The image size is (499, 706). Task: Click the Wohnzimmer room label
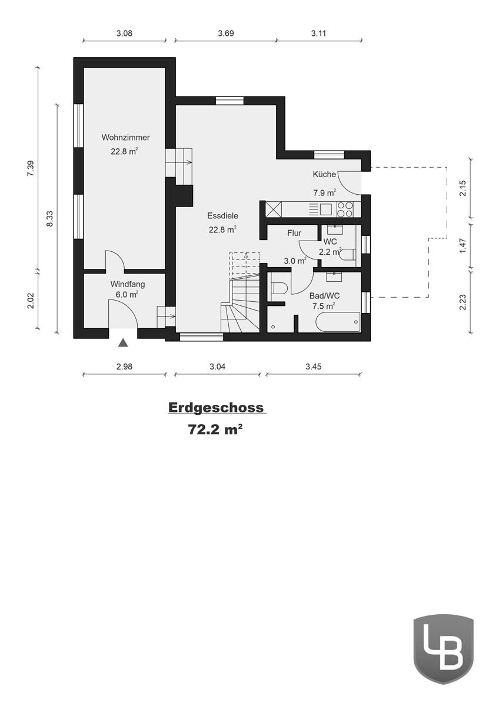(125, 138)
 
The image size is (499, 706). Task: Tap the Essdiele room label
(222, 216)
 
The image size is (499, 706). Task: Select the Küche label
(324, 174)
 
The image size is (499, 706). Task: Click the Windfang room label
(128, 284)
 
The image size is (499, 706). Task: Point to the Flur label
(294, 233)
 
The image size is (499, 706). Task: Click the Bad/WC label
(324, 296)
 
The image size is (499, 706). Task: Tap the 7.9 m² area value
(324, 192)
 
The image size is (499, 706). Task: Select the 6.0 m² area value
(127, 294)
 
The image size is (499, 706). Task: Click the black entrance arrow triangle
(123, 343)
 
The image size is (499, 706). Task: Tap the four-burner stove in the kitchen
(345, 209)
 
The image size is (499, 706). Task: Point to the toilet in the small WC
(348, 254)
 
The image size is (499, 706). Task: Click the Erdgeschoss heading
(216, 408)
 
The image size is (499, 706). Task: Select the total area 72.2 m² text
(215, 429)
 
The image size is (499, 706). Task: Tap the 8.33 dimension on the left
(49, 219)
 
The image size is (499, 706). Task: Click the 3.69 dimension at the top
(225, 34)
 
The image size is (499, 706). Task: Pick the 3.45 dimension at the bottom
(313, 367)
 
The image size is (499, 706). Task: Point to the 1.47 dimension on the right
(463, 245)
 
